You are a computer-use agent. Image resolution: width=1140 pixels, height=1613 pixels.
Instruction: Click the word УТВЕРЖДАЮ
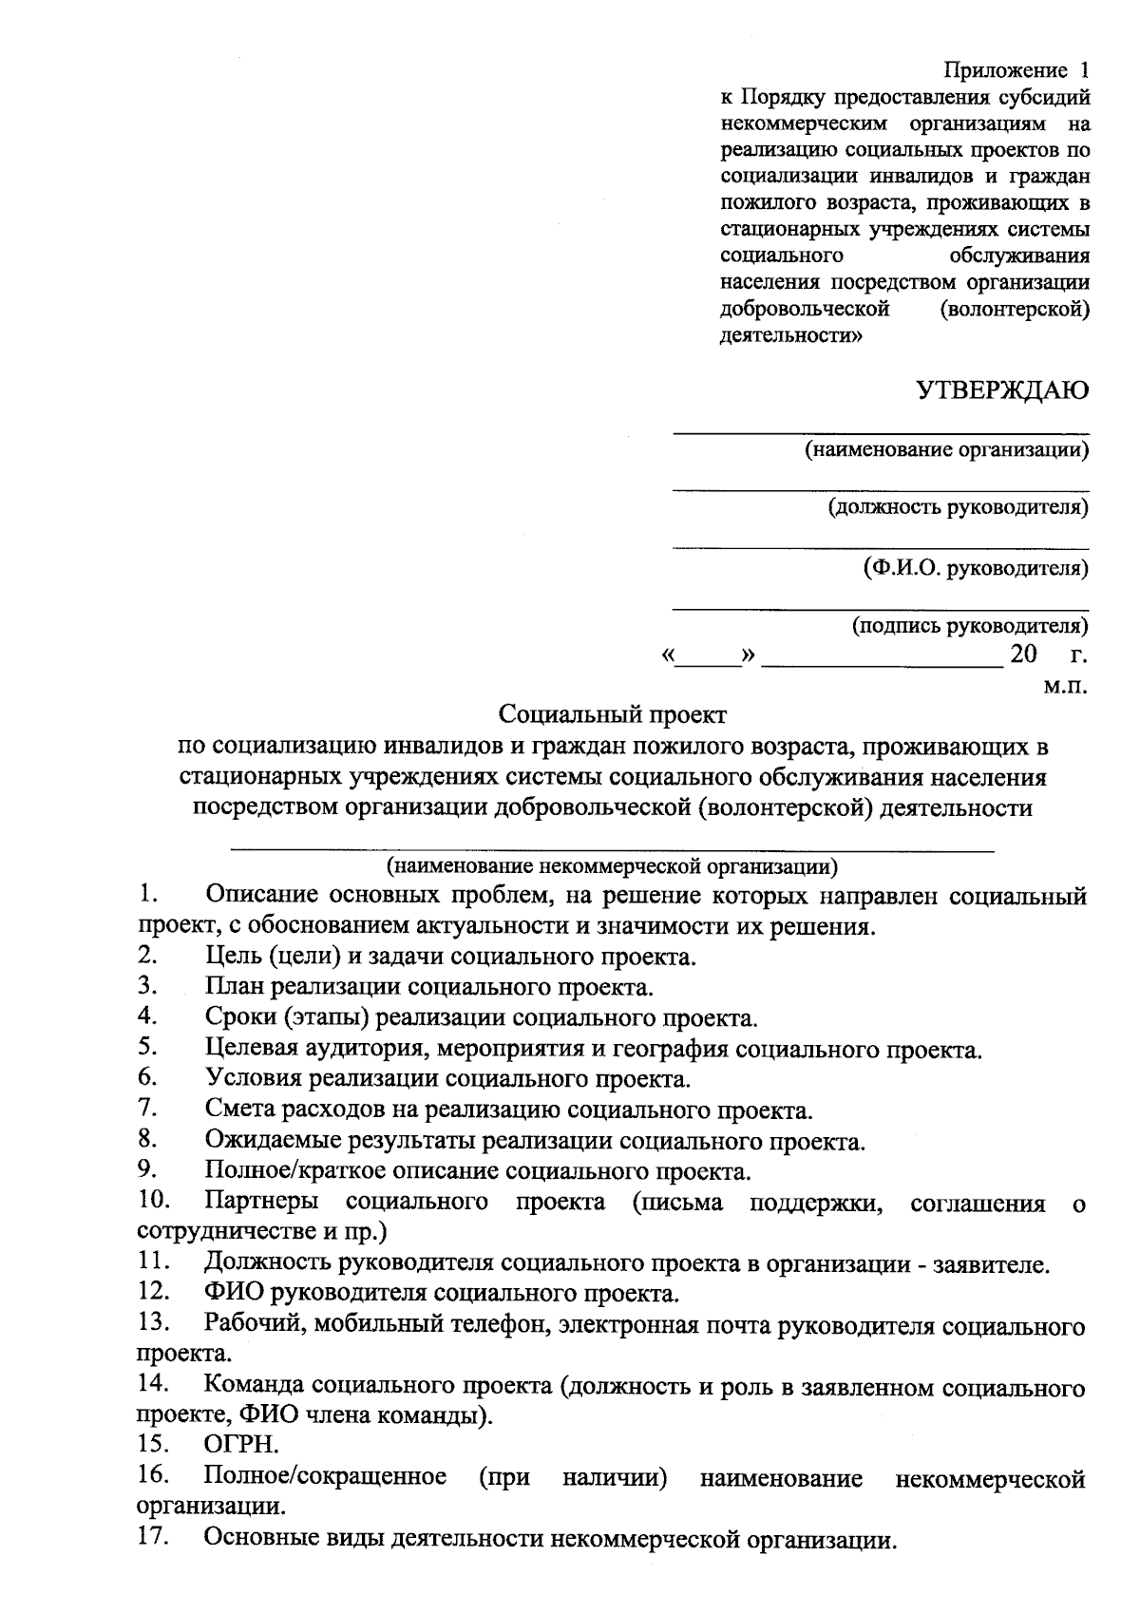pyautogui.click(x=1002, y=390)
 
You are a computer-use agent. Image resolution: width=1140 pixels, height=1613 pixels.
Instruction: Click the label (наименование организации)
pyautogui.click(x=946, y=449)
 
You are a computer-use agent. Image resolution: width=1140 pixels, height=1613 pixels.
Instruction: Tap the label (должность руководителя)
pyautogui.click(x=958, y=507)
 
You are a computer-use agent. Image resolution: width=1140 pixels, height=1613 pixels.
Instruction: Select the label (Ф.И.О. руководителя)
pyautogui.click(x=976, y=568)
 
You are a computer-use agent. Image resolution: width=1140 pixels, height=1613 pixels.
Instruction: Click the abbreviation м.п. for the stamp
pyautogui.click(x=1065, y=684)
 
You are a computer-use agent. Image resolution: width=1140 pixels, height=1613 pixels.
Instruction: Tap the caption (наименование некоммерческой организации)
pyautogui.click(x=613, y=865)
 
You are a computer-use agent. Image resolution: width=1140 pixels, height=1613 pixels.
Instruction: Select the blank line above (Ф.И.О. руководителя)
pyautogui.click(x=881, y=549)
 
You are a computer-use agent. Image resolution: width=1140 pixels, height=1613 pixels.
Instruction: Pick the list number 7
pyautogui.click(x=146, y=1107)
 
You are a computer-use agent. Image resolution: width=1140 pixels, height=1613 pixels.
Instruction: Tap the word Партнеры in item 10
pyautogui.click(x=261, y=1202)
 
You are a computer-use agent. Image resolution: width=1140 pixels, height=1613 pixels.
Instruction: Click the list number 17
pyautogui.click(x=153, y=1537)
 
